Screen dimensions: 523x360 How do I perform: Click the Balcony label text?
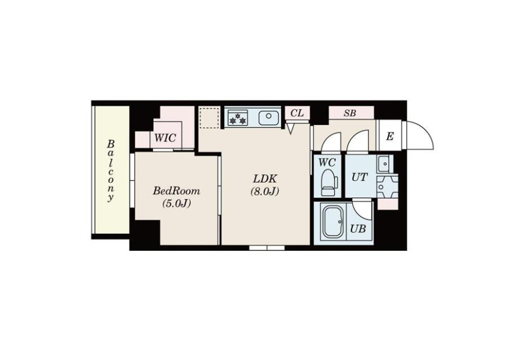111,171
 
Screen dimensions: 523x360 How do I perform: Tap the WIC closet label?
166,138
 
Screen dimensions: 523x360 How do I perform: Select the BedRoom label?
177,191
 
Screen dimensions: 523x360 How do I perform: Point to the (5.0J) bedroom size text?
177,203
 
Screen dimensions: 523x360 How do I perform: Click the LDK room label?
265,179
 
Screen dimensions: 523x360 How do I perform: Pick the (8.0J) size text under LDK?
265,192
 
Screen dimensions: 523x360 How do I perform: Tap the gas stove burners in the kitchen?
238,118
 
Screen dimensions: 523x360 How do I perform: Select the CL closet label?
297,113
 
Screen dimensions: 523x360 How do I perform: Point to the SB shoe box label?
350,113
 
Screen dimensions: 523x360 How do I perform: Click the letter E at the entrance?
389,136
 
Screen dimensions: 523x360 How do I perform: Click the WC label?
327,163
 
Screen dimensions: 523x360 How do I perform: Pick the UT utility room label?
359,177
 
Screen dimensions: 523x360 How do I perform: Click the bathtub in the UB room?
333,222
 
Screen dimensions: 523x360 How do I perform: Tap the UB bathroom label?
358,229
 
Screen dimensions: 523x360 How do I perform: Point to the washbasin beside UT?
385,164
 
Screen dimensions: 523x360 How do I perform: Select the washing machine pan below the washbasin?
387,186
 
